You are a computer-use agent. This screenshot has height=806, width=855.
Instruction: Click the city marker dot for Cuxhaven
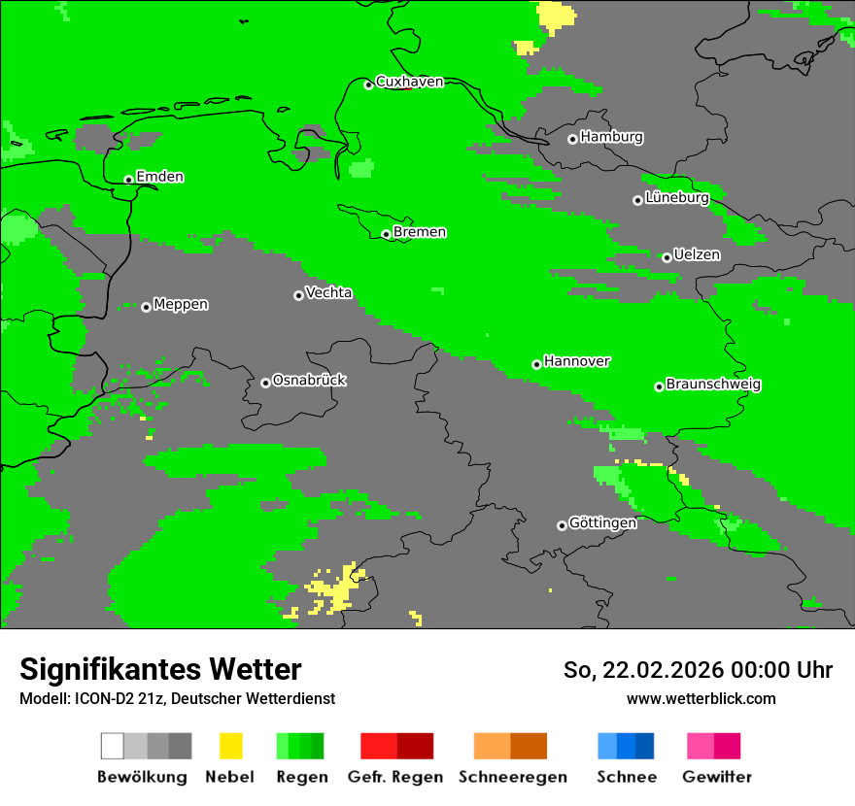coord(368,84)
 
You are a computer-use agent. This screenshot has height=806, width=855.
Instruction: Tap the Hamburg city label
coord(611,137)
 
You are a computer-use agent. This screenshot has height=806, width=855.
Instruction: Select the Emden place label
coord(159,177)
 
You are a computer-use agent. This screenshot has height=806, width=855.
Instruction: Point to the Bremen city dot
coord(386,234)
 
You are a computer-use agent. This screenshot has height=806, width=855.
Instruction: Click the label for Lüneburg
coord(677,198)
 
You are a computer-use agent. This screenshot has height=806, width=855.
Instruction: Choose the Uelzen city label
coord(697,255)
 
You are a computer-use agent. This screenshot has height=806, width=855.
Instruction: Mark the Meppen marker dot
coord(146,307)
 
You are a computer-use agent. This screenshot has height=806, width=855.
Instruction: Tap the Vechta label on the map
coord(328,293)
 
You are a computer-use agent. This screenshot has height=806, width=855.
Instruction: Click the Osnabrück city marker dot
coord(265,383)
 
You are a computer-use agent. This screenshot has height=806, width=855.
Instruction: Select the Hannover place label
coord(576,361)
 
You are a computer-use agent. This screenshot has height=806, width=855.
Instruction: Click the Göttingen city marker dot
coord(562,525)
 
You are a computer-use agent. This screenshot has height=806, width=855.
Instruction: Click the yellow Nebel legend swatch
coord(230,746)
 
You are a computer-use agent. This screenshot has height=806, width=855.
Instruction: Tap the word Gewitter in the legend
coord(716,777)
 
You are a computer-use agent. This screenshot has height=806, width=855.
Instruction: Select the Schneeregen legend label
coord(512,777)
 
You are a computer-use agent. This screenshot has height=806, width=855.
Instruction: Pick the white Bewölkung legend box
coord(113,746)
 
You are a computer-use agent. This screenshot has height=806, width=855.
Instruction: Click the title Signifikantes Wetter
coord(160,669)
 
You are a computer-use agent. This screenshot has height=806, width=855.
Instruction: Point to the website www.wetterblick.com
coord(701,699)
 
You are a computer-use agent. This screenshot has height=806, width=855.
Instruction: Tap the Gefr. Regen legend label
coord(394,777)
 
